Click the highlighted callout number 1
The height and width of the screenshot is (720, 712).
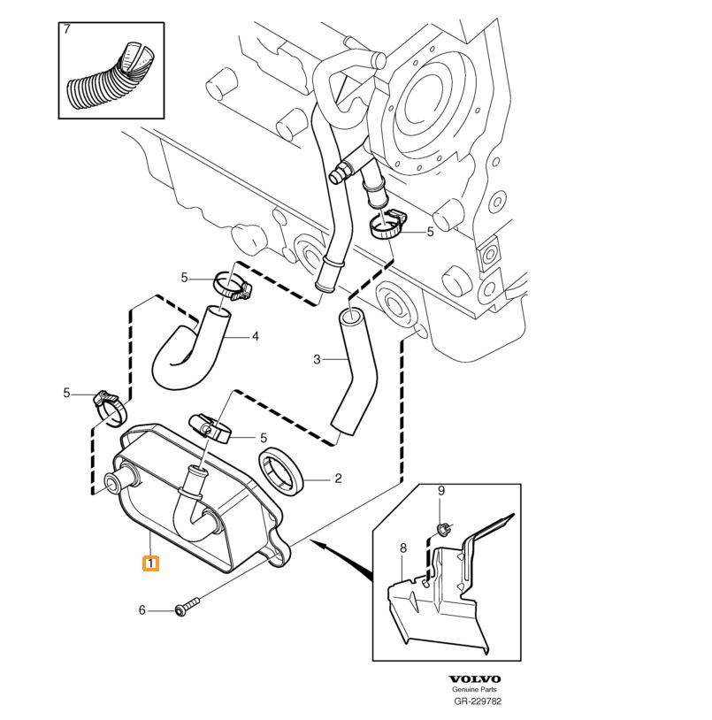[151, 563]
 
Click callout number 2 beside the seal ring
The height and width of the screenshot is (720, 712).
[337, 479]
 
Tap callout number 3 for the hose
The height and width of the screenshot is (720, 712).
[317, 359]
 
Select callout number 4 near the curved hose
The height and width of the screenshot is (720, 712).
[255, 336]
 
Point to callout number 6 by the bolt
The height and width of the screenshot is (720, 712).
[142, 610]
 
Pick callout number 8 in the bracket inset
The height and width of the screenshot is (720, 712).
[402, 548]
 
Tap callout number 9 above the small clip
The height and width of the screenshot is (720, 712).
[441, 491]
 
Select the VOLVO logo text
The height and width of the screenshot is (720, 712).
[475, 679]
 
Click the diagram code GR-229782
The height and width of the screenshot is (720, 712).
[477, 701]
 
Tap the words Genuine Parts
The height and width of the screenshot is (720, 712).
[475, 690]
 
